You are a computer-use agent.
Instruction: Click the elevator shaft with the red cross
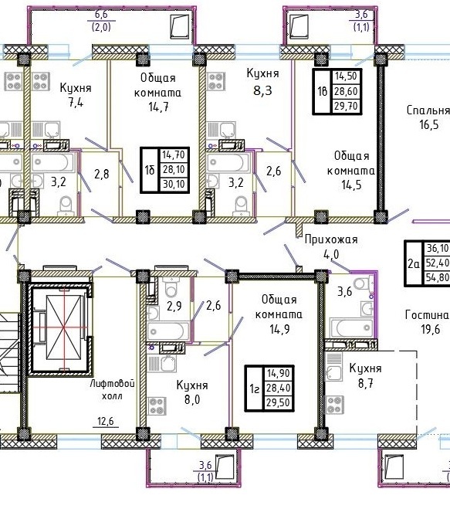click(63, 328)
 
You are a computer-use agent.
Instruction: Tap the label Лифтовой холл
click(113, 389)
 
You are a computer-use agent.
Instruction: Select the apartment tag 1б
click(164, 170)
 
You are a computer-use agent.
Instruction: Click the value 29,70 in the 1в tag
click(346, 107)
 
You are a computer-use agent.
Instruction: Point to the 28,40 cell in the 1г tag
click(279, 388)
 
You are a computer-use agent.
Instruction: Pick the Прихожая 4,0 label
click(331, 246)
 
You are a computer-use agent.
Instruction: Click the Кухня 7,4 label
click(76, 95)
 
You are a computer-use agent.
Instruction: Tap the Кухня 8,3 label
click(262, 81)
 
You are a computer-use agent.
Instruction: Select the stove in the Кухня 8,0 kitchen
click(157, 405)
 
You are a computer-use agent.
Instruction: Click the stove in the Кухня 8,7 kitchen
click(334, 405)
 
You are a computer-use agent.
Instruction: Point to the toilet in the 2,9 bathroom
click(171, 287)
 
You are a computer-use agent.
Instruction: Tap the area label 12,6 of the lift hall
click(106, 421)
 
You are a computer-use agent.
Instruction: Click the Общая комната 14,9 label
click(279, 314)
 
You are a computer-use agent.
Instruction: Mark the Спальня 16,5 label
click(428, 117)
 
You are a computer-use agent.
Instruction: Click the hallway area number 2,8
click(102, 174)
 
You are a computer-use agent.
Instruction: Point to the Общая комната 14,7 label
click(157, 92)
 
